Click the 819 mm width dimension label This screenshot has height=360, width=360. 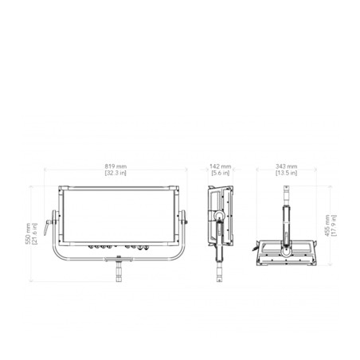[x=115, y=166]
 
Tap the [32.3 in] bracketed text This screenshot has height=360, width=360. [x=115, y=173]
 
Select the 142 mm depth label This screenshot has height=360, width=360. [x=221, y=166]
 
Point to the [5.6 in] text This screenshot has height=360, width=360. [x=221, y=173]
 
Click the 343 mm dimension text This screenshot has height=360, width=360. [x=286, y=166]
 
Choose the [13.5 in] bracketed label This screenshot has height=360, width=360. [x=286, y=173]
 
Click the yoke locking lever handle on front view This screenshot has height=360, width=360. [x=47, y=227]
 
